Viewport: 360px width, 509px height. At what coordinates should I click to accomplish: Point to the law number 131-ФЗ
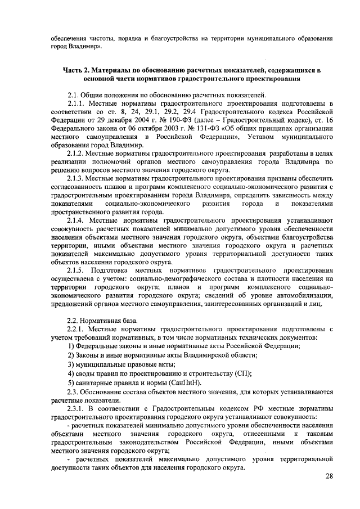[188, 129]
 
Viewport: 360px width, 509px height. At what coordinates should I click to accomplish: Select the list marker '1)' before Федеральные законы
[71, 346]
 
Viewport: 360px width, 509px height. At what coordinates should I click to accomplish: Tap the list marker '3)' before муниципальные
[71, 364]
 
